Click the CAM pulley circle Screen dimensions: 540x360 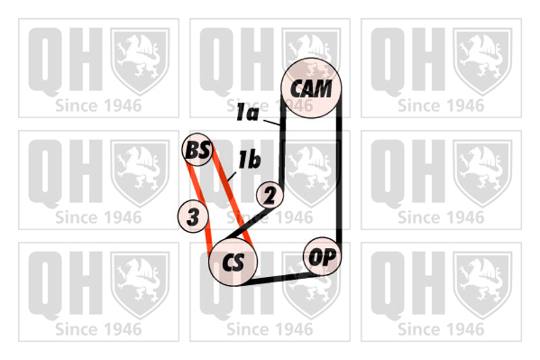[311, 88]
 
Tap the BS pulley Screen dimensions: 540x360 [197, 149]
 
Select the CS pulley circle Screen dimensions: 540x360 [233, 262]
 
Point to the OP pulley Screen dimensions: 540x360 [322, 256]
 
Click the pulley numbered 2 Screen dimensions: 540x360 [270, 195]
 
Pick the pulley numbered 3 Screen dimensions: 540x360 [193, 216]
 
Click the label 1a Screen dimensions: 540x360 [247, 113]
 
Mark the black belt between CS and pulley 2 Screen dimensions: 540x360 [246, 224]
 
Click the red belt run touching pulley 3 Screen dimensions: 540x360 [198, 207]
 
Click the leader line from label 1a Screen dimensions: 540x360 [271, 122]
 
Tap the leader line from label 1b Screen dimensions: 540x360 [232, 176]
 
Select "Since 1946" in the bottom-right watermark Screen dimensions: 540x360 [441, 330]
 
